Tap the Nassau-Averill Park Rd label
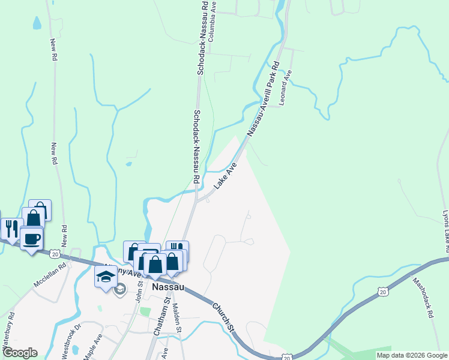coord(264,97)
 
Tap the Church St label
coord(223,314)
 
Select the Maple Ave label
coord(93,347)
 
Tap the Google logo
coord(20,353)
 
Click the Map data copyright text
coord(412,355)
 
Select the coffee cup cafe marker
coord(31,239)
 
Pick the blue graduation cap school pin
coord(105,277)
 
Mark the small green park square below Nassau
coord(145,311)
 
